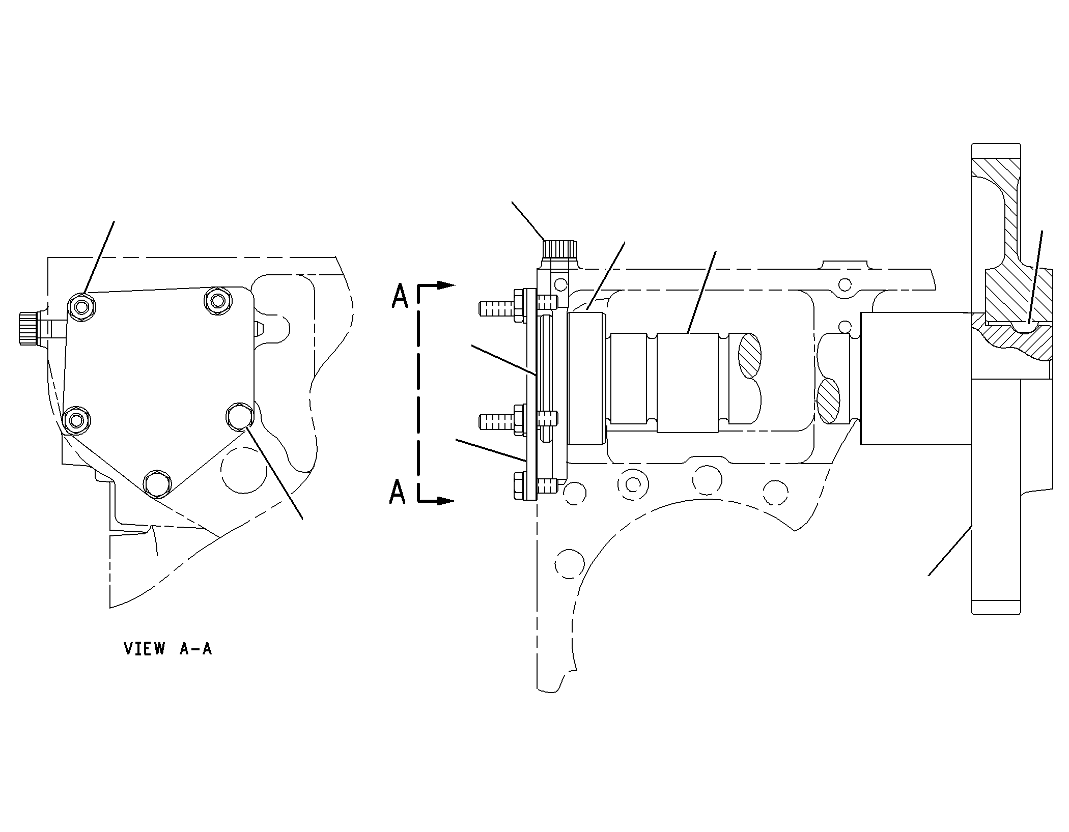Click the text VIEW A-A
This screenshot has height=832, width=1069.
[168, 649]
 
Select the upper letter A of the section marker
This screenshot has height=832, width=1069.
[400, 296]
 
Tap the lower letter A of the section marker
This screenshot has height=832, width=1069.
[398, 492]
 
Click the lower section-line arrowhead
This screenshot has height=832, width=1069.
[445, 501]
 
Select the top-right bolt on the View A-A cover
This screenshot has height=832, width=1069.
[218, 301]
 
